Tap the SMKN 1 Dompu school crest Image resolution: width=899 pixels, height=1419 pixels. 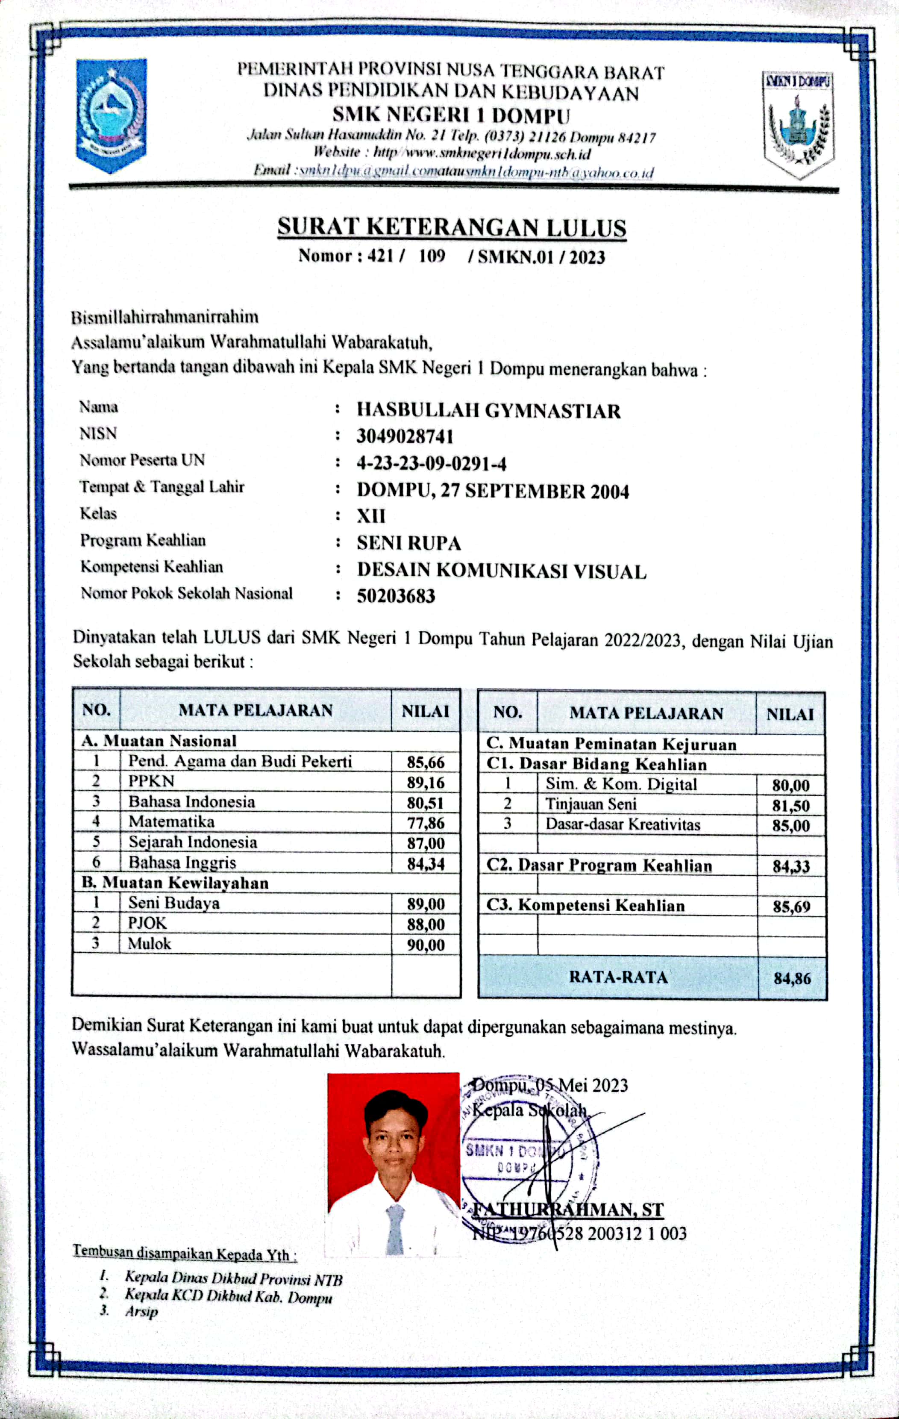click(x=798, y=123)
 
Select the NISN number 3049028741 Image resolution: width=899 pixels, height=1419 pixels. click(x=405, y=437)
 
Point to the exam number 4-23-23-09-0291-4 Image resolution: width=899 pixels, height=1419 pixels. click(x=431, y=464)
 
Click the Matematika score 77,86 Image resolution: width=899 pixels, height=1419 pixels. click(x=425, y=823)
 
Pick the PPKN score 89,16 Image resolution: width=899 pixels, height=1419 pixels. click(x=425, y=783)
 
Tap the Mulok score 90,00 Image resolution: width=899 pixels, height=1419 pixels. click(x=425, y=945)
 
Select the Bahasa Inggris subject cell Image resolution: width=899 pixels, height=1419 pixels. click(x=182, y=863)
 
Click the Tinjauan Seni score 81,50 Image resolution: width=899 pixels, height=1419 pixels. click(x=790, y=806)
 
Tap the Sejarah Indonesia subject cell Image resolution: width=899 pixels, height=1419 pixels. click(x=193, y=842)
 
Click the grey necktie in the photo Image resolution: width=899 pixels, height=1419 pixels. click(x=395, y=1228)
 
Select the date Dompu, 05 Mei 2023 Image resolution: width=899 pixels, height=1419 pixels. click(x=551, y=1085)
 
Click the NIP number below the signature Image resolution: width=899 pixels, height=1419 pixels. click(x=579, y=1234)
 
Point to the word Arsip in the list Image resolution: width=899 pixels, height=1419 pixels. click(x=141, y=1312)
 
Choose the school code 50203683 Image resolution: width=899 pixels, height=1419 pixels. click(x=396, y=596)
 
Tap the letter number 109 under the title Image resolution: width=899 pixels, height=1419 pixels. click(x=432, y=256)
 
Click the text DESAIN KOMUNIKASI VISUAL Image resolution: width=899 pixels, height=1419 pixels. click(x=501, y=571)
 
